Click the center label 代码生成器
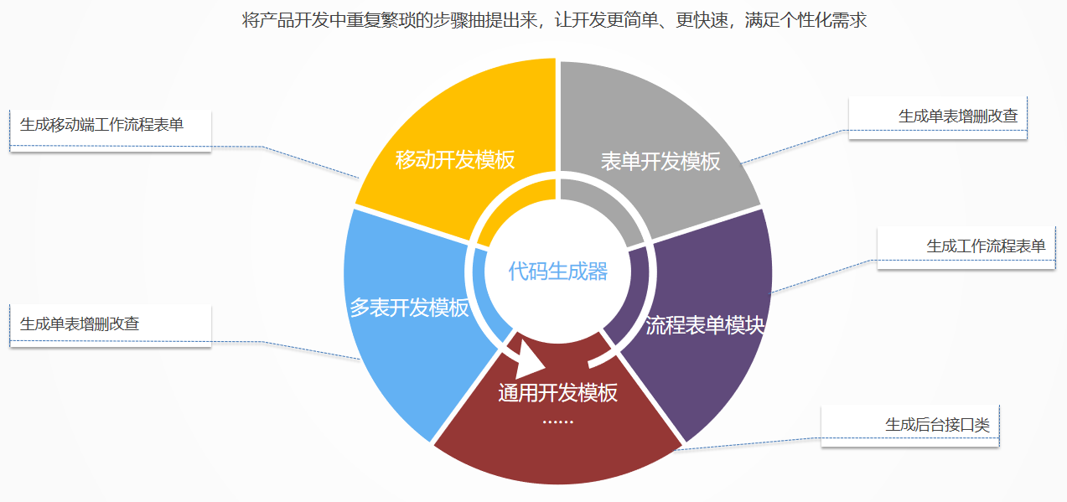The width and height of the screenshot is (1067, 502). pos(557,272)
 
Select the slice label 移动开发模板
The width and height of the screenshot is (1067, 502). pos(454,159)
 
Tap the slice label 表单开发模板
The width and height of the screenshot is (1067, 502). pos(660,162)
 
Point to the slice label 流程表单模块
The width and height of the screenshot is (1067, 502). pos(705,326)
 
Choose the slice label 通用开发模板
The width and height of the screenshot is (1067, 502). pos(557,392)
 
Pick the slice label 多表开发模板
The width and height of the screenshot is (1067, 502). pos(408,308)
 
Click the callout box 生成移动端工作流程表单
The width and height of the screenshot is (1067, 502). pos(111,127)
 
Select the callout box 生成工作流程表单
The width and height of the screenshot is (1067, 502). pos(966,246)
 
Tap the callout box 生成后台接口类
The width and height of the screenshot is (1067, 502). pos(910,425)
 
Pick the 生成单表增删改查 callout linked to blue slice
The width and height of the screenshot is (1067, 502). pos(111,324)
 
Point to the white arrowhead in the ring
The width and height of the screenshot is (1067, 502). pos(528,360)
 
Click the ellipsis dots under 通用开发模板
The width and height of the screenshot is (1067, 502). pos(557,421)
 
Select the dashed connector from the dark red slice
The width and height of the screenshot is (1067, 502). pos(754,442)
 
